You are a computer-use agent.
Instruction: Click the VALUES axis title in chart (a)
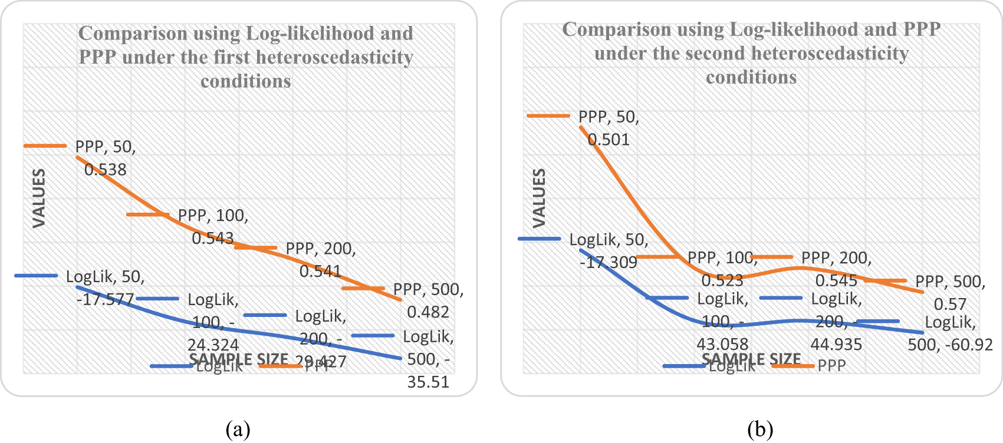(39, 198)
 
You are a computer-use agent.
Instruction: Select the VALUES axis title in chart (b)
(539, 198)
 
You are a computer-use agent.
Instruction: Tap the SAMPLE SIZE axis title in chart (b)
(751, 359)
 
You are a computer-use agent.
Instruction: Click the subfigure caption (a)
(238, 429)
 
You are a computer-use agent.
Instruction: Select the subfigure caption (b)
(759, 429)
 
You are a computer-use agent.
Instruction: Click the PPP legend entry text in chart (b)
(831, 366)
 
